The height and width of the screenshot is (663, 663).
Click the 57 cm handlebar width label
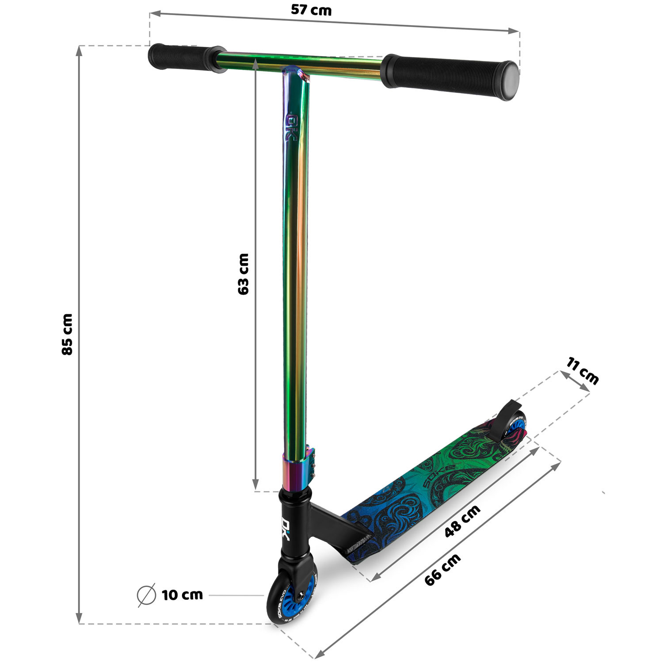click(311, 10)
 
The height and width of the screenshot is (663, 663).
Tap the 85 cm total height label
click(67, 334)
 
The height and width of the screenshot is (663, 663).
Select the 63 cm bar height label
click(243, 274)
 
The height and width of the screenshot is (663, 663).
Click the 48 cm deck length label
click(462, 521)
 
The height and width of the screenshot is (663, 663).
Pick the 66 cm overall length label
click(442, 570)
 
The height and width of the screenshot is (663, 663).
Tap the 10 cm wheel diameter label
click(182, 595)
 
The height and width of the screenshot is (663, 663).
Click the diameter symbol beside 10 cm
click(146, 595)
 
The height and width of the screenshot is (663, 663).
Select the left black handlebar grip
click(186, 57)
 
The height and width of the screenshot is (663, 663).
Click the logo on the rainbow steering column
click(292, 128)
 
